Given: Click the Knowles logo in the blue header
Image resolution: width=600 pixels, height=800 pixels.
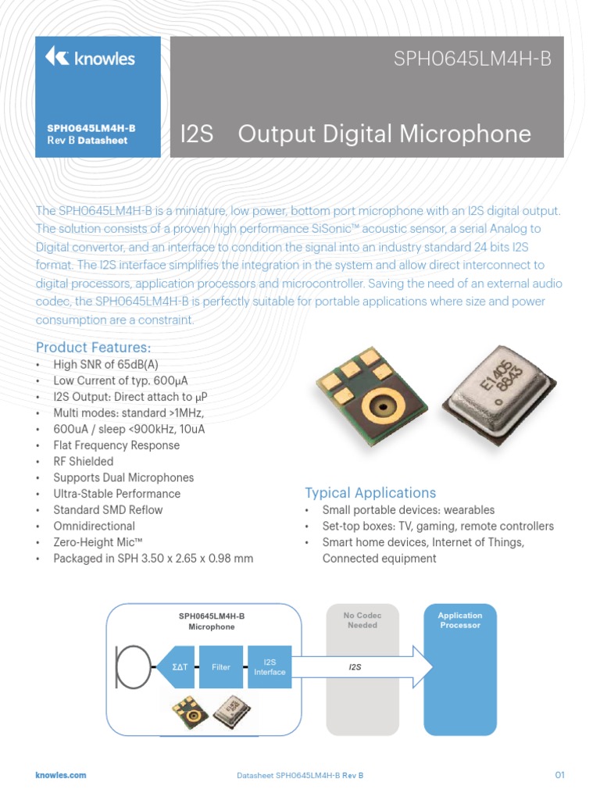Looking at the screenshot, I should pos(90,58).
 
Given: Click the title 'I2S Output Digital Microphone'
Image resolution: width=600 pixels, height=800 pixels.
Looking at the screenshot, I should pos(355,134).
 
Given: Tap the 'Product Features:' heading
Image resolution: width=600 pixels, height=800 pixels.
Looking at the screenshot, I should pos(94,347).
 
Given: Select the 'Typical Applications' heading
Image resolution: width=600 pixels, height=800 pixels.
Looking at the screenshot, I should pos(370,493).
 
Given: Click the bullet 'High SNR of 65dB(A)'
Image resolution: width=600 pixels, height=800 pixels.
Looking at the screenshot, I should pos(106,364).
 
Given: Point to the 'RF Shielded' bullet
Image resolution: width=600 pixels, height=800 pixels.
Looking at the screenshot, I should pos(84,462).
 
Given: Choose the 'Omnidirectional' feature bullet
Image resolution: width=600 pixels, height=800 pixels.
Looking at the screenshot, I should pos(94,527).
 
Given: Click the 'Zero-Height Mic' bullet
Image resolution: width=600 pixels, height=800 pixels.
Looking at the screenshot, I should pos(95,542).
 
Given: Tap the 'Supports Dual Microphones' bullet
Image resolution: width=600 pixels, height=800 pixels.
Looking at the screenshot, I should pos(123,477).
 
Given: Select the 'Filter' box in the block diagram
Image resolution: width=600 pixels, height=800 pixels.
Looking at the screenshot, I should pos(221,667).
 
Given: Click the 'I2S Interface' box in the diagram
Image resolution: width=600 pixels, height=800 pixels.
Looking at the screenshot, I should pos(270,667).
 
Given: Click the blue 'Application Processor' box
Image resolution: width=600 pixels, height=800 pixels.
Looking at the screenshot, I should pos(460,669).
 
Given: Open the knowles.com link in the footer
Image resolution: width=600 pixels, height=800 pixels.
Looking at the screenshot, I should pos(61,775).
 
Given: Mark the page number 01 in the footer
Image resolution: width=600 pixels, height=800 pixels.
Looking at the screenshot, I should pos(559,775).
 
